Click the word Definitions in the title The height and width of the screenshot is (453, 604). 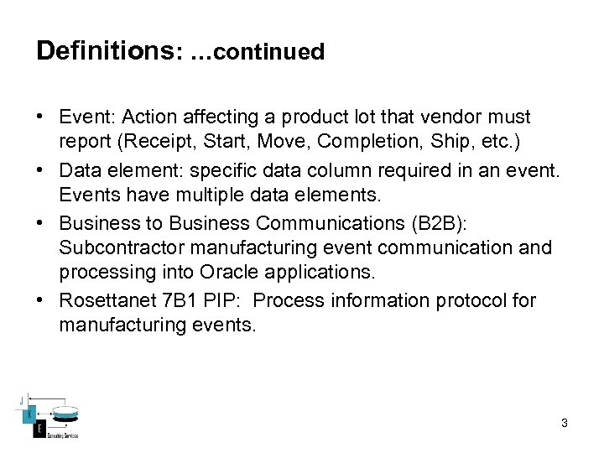pyautogui.click(x=103, y=51)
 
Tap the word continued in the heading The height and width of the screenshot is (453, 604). pyautogui.click(x=269, y=52)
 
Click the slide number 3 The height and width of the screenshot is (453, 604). pyautogui.click(x=565, y=424)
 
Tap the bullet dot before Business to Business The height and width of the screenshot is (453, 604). pyautogui.click(x=42, y=223)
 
